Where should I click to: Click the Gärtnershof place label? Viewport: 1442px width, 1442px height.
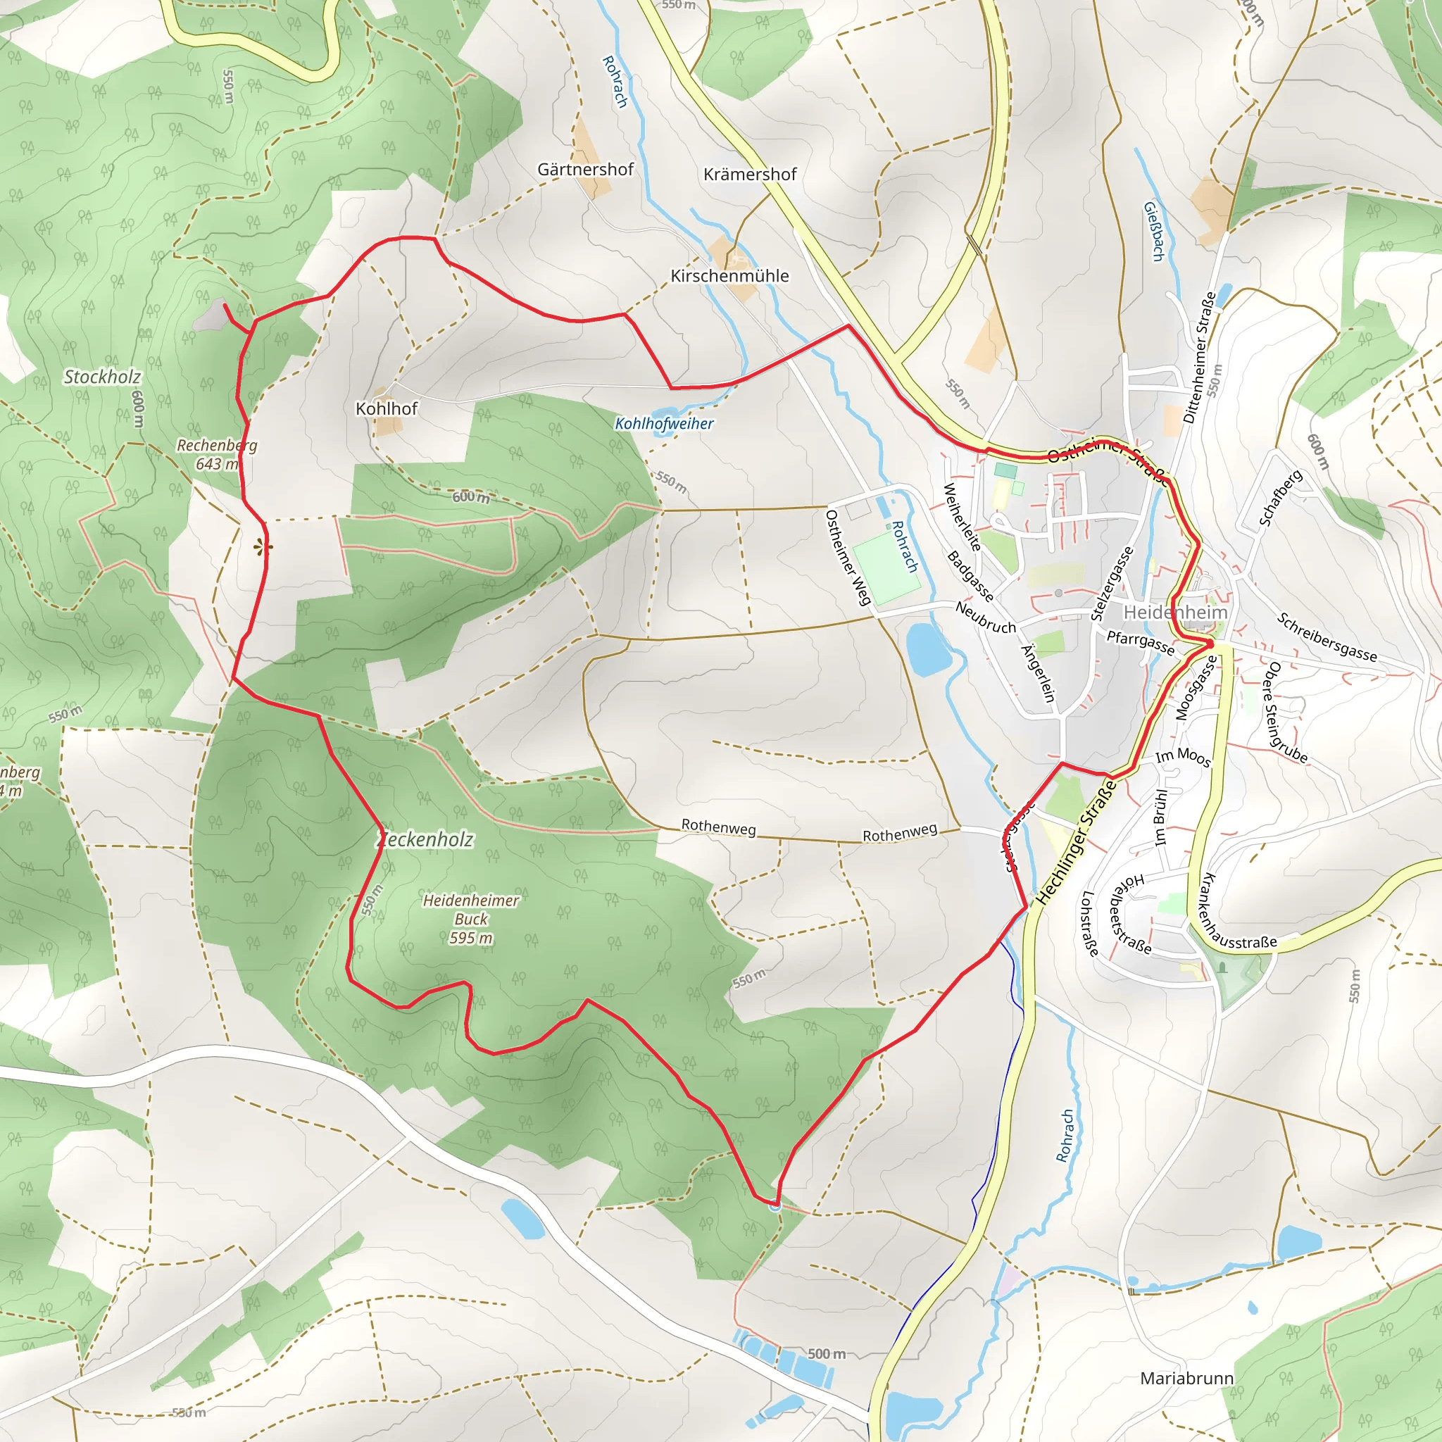click(585, 170)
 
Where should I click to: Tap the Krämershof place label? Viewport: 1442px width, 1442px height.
click(749, 174)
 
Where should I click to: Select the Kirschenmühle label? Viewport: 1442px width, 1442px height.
click(729, 275)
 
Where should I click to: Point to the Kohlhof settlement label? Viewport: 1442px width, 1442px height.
click(386, 408)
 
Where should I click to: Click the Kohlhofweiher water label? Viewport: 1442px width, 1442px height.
click(663, 423)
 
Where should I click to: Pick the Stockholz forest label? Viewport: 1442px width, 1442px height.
click(101, 376)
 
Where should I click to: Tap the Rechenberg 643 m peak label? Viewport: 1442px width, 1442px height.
click(216, 454)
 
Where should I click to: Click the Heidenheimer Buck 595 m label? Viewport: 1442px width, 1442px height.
click(470, 919)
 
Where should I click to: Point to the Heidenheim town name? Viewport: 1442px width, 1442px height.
click(1175, 612)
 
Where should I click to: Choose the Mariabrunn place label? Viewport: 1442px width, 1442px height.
click(1186, 1378)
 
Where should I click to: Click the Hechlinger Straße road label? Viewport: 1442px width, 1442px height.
click(1077, 844)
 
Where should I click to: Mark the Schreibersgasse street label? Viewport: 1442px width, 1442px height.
click(1327, 637)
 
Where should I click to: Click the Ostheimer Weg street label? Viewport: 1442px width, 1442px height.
click(848, 557)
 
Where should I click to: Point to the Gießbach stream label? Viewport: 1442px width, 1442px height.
click(1153, 232)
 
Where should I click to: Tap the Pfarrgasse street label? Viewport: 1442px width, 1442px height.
click(1140, 642)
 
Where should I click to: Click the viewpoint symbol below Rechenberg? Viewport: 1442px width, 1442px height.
click(259, 548)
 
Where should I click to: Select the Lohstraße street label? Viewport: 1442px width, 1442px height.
click(1090, 923)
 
